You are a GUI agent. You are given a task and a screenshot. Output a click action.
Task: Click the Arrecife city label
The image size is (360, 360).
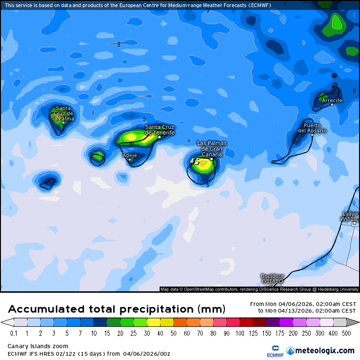point(332,100)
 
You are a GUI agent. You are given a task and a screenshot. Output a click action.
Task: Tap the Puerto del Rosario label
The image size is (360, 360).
point(312,128)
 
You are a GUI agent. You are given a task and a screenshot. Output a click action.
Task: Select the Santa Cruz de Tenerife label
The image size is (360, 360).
point(160,130)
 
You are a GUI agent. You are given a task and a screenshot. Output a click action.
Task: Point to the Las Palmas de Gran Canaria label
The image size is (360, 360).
point(211,149)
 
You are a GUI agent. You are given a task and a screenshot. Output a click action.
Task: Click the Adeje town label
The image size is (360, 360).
point(129,155)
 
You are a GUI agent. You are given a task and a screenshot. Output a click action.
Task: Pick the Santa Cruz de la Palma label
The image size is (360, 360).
point(63,113)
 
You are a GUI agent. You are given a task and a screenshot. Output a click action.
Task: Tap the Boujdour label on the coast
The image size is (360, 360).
point(272,276)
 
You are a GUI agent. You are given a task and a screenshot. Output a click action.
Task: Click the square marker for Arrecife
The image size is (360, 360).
point(332,105)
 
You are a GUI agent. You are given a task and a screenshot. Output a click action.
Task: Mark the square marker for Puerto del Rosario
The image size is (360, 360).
point(312,135)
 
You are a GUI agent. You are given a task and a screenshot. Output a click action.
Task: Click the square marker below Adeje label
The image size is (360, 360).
point(129,160)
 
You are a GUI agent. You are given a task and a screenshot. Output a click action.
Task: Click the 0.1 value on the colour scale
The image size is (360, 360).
point(14,333)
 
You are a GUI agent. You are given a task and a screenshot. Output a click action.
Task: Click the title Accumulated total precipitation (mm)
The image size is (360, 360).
point(116,309)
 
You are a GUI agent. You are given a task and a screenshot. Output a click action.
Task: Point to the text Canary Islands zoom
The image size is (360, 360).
point(38,346)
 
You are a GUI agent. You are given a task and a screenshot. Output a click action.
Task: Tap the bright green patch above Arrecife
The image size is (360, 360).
point(337,22)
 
